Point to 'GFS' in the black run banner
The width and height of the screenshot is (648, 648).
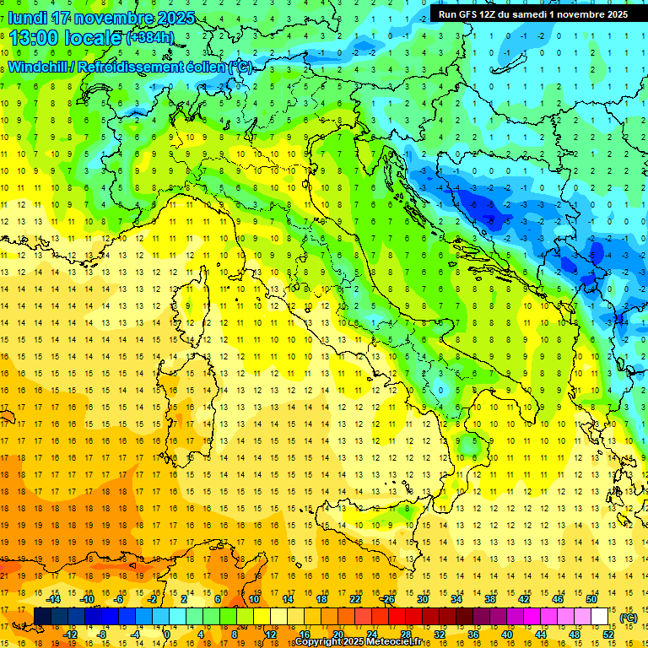[469, 14]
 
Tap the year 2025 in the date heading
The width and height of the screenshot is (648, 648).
[174, 18]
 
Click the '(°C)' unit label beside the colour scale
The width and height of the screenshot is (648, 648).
[628, 618]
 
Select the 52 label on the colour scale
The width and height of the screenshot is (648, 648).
[608, 634]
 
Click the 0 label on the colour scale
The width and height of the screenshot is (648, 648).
[166, 634]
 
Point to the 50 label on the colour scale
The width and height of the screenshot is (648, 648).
[591, 599]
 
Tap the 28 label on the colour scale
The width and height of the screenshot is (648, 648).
[405, 634]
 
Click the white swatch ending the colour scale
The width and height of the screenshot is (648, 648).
[600, 617]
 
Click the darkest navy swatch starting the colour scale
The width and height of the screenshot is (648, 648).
[42, 617]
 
